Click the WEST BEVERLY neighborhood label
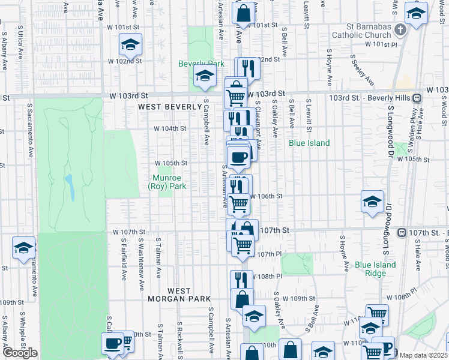pyautogui.click(x=170, y=107)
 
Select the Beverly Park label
pyautogui.click(x=200, y=64)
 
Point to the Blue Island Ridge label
pyautogui.click(x=375, y=269)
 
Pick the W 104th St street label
pyautogui.click(x=170, y=128)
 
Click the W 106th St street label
pyautogui.click(x=265, y=196)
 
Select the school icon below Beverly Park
pyautogui.click(x=205, y=75)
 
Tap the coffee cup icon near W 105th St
pyautogui.click(x=239, y=157)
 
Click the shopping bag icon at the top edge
pyautogui.click(x=244, y=12)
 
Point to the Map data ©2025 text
pyautogui.click(x=423, y=355)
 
